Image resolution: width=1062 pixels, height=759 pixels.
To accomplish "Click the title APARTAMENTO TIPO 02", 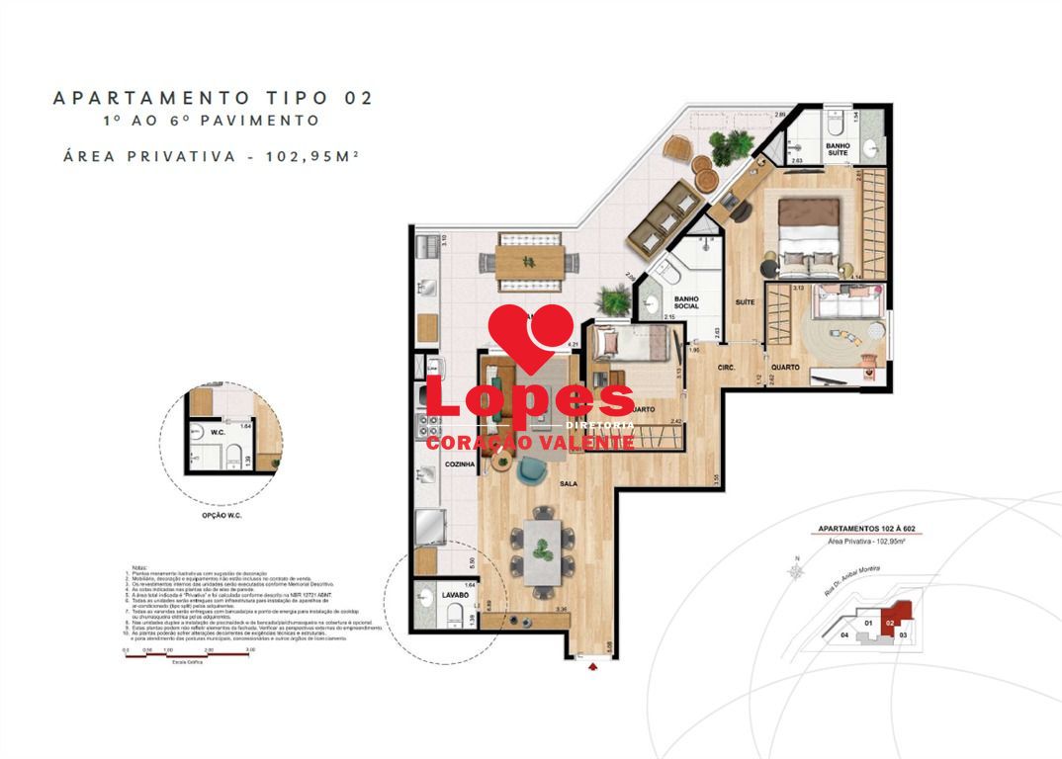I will [213, 98].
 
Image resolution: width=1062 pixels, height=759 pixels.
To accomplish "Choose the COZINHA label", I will [433, 464].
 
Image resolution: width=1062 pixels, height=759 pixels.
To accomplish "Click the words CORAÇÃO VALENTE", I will [530, 443].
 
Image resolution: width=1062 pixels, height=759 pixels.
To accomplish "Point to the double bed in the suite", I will [810, 237].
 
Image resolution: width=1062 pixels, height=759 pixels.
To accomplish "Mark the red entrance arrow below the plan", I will [593, 667].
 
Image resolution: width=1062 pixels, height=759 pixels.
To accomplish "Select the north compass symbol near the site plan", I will [795, 570].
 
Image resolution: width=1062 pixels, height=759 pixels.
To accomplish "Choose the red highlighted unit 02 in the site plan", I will [892, 623].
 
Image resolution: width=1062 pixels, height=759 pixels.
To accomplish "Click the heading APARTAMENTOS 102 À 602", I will [865, 530].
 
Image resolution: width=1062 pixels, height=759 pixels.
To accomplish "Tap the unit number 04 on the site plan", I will [844, 635].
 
